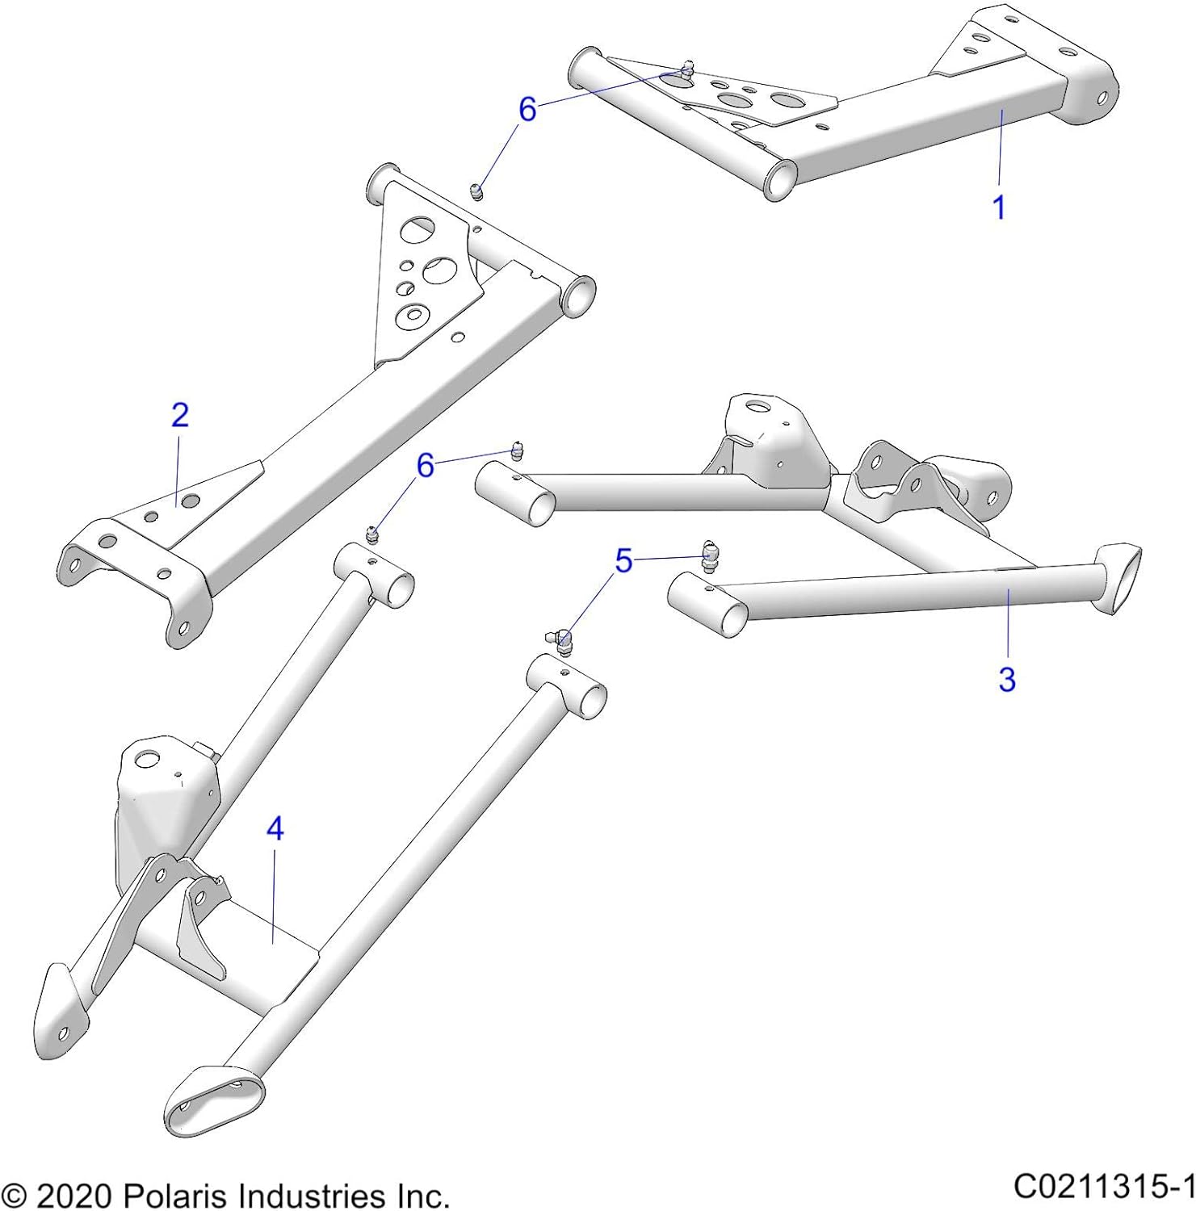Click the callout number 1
click(x=999, y=207)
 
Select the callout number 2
click(x=179, y=415)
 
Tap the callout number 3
click(x=1006, y=679)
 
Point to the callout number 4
click(x=275, y=828)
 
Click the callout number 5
click(x=623, y=561)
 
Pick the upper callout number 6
click(x=527, y=109)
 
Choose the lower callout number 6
click(x=425, y=465)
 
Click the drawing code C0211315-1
click(x=1103, y=1186)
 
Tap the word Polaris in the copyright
click(x=176, y=1195)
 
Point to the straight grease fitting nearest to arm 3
click(x=708, y=555)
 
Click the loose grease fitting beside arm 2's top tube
click(x=476, y=192)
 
